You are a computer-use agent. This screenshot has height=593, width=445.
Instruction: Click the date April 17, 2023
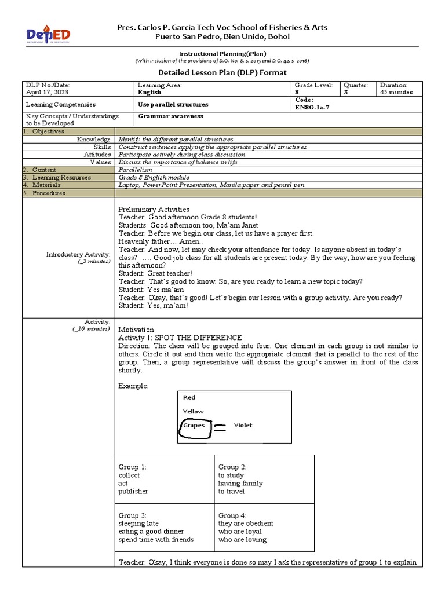(x=47, y=92)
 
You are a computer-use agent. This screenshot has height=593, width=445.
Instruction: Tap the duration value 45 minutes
(x=396, y=92)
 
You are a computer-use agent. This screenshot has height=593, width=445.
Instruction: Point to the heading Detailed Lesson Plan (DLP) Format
(x=222, y=72)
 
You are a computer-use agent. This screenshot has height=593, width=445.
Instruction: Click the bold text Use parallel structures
(x=173, y=104)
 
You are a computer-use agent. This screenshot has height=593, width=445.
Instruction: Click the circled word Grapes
(x=194, y=425)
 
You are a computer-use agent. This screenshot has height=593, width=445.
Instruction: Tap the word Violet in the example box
(x=243, y=425)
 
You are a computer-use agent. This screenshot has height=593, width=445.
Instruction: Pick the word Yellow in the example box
(x=194, y=411)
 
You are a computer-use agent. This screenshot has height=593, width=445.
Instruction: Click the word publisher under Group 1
(x=133, y=491)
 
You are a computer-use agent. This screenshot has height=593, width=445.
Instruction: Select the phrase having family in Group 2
(x=240, y=483)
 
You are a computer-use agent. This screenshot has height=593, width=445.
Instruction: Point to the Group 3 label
(x=132, y=515)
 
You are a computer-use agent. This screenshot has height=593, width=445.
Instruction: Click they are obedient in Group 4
(x=246, y=524)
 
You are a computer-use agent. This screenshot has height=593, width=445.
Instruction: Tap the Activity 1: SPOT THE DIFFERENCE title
(x=180, y=338)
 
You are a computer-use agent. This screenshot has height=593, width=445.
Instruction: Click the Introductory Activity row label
(x=78, y=254)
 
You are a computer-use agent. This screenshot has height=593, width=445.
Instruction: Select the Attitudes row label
(x=97, y=155)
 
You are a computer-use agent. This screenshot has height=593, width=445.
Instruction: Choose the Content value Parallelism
(x=135, y=170)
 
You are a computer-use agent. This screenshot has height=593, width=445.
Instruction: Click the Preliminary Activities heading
(x=154, y=209)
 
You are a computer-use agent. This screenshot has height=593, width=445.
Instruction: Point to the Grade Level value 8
(x=297, y=92)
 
